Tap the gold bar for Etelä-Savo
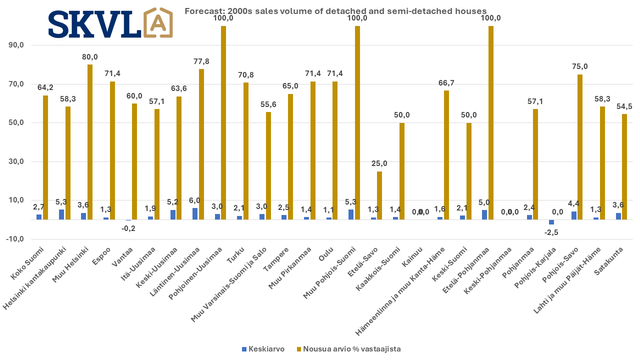pyautogui.click(x=379, y=195)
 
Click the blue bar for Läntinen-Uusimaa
pyautogui.click(x=195, y=214)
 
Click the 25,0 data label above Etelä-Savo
pyautogui.click(x=378, y=163)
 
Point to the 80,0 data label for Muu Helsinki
pyautogui.click(x=90, y=56)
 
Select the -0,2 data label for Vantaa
pyautogui.click(x=129, y=228)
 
